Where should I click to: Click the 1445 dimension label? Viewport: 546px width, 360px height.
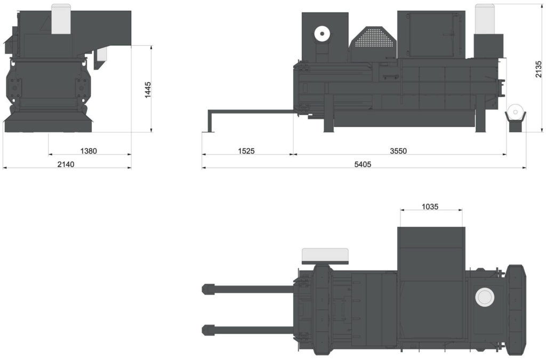pyautogui.click(x=148, y=90)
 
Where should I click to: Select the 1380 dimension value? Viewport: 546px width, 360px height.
pyautogui.click(x=89, y=151)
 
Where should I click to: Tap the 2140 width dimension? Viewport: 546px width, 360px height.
pyautogui.click(x=66, y=164)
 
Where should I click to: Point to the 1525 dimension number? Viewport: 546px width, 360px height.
pyautogui.click(x=246, y=151)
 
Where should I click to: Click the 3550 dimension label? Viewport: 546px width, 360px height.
pyautogui.click(x=398, y=151)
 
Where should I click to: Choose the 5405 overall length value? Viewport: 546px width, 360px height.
pyautogui.click(x=363, y=164)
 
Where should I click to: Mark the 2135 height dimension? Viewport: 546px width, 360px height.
pyautogui.click(x=539, y=69)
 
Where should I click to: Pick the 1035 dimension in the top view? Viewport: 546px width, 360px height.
pyautogui.click(x=430, y=207)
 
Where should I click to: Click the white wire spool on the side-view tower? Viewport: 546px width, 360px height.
pyautogui.click(x=322, y=34)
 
